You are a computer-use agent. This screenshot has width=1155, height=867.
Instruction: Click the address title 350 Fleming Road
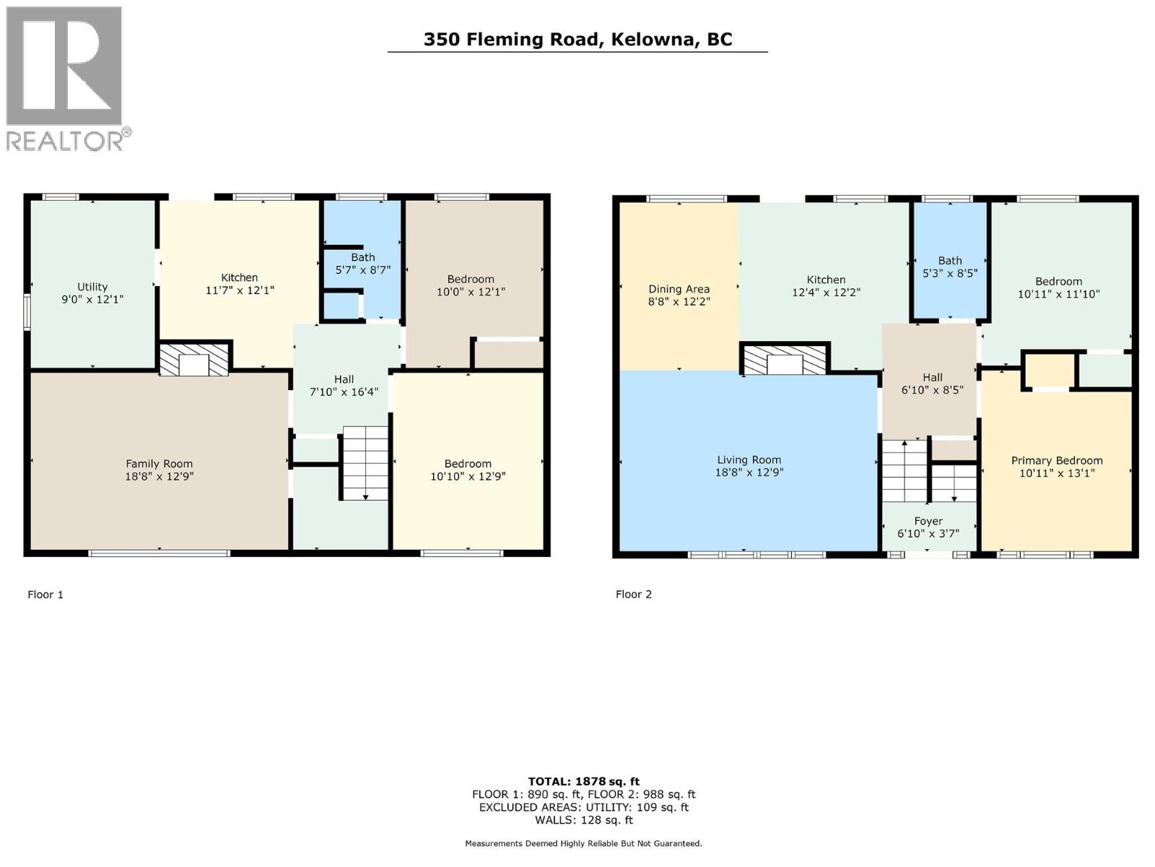[x=577, y=39]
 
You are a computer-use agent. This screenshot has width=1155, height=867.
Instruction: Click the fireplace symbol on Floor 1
[x=193, y=360]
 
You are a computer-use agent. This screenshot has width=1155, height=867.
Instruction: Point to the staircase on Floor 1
[x=365, y=462]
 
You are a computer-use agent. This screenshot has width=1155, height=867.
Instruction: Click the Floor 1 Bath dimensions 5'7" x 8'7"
[x=363, y=269]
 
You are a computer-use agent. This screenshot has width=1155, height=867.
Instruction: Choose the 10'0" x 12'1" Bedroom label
[x=471, y=285]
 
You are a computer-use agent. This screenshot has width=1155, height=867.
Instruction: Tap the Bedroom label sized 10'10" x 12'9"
[x=468, y=470]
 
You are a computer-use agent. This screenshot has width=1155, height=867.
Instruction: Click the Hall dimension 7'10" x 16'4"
[x=344, y=392]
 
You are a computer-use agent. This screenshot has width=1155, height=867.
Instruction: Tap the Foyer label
[x=928, y=521]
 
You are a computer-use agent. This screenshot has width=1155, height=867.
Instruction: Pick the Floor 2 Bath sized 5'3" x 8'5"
[x=950, y=267]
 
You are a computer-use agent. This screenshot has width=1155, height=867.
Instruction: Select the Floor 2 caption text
[x=633, y=594]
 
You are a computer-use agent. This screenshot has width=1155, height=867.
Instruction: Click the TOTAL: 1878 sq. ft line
[x=583, y=781]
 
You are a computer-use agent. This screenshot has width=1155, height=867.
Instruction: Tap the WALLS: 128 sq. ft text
[x=583, y=820]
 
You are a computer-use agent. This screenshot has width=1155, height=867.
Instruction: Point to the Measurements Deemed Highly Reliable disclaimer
[x=583, y=843]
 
